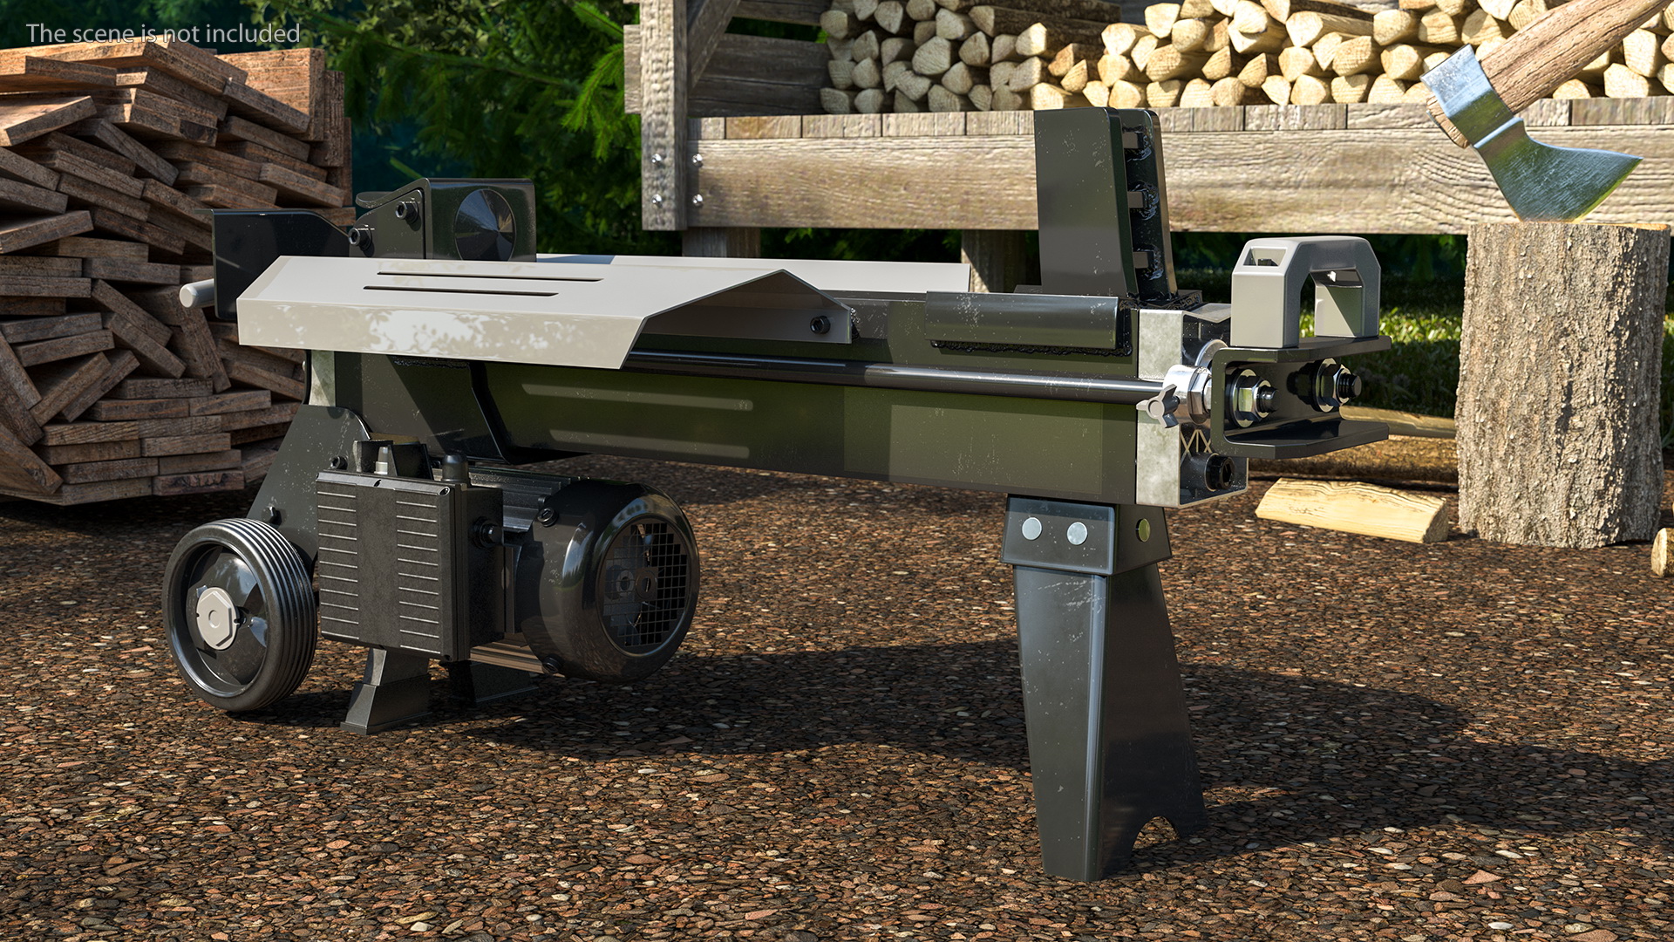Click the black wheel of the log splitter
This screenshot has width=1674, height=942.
pos(239,614)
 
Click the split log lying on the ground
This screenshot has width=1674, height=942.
pos(1352,509)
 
